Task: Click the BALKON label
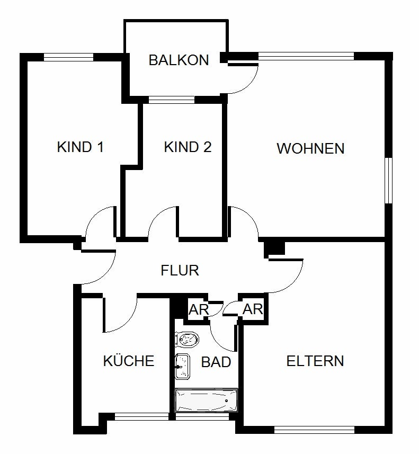tap(179, 60)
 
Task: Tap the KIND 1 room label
tap(80, 147)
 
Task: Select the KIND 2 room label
tap(188, 147)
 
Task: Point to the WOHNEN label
tap(311, 148)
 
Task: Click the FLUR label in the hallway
tap(180, 270)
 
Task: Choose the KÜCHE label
tap(129, 360)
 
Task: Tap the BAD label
tap(216, 362)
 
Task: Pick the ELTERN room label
tap(315, 361)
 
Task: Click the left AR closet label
tap(198, 310)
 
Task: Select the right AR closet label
tap(253, 309)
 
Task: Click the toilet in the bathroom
tap(187, 340)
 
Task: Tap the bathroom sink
tap(182, 366)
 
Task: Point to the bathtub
tap(206, 400)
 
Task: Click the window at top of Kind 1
tap(69, 57)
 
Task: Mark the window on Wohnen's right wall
tap(389, 181)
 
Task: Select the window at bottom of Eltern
tap(314, 430)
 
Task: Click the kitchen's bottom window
tap(141, 416)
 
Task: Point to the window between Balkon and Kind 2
tap(172, 100)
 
